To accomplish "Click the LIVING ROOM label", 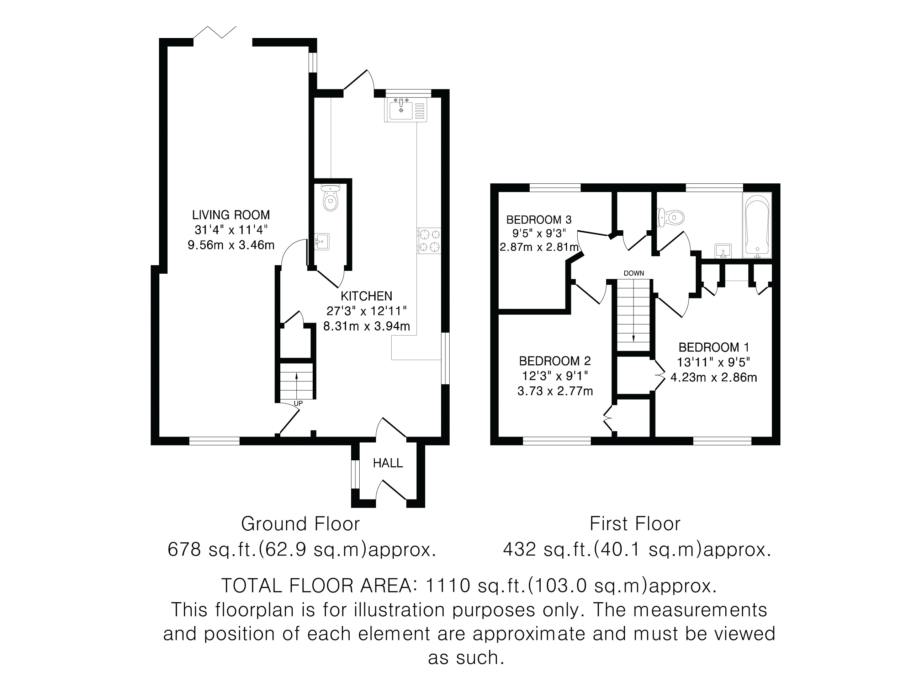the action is coord(231,215).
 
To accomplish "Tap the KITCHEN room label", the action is coord(366,296).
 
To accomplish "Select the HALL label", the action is coord(388,463).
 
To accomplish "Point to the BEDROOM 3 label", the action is coord(539,220).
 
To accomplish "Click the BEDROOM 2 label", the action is coord(555,361).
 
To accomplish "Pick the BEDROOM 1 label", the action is coord(714,347).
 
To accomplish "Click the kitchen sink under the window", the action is coord(406,109).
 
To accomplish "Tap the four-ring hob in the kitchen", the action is coord(429,241).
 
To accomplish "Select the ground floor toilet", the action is coord(330,198).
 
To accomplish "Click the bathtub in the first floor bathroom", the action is coord(757,225).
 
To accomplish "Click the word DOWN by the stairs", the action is coord(634,273).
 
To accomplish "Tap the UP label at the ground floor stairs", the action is coord(298,403).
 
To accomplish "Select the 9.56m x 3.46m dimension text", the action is coord(231,245).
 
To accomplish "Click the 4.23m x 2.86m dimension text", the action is coord(714,377).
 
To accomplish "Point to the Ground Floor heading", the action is coord(300,524).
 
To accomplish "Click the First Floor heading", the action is coord(635,524).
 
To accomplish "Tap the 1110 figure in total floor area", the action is coord(448,586).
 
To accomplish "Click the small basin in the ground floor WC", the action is coord(322,242).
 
